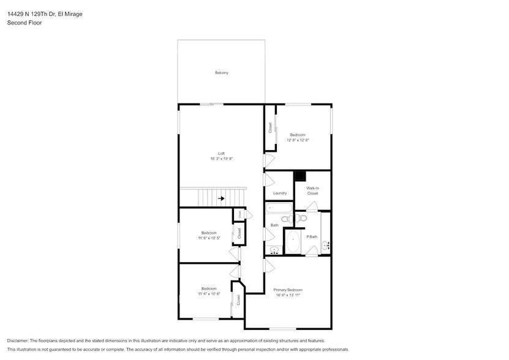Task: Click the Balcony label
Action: click(221, 73)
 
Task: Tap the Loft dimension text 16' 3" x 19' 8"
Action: click(221, 159)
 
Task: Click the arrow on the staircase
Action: click(221, 198)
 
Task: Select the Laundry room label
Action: click(279, 193)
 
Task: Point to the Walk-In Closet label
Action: click(312, 191)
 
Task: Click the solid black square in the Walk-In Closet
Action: click(300, 176)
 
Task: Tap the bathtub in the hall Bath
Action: click(279, 208)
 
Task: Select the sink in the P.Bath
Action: click(325, 246)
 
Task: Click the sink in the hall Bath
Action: click(274, 250)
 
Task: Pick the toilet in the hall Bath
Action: click(286, 219)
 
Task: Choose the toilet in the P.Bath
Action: click(302, 218)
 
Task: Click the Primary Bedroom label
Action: click(287, 290)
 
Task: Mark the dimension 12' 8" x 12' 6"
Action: click(298, 140)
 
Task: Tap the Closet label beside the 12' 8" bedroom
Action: click(270, 128)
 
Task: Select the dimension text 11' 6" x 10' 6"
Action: click(209, 294)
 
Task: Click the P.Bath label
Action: click(312, 236)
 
